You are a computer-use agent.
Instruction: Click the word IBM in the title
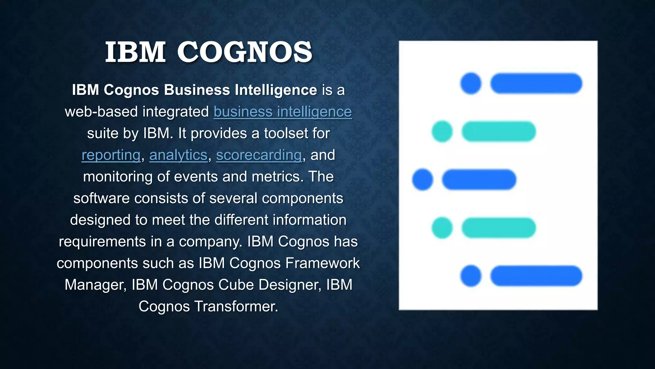(x=135, y=52)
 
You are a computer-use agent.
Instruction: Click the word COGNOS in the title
(x=245, y=52)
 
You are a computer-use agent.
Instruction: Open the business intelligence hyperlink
(x=283, y=112)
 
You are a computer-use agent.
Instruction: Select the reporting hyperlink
(x=111, y=155)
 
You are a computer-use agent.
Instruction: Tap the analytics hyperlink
(x=178, y=155)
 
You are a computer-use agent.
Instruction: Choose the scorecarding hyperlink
(x=259, y=155)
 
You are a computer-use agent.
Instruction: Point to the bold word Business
(x=197, y=90)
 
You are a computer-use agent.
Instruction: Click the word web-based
(x=101, y=112)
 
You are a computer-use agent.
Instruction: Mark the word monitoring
(x=118, y=177)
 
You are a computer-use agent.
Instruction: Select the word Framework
(x=322, y=263)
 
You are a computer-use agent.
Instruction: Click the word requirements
(x=102, y=242)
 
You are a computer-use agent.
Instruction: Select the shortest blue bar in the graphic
(x=479, y=180)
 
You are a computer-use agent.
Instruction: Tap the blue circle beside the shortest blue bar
(x=422, y=180)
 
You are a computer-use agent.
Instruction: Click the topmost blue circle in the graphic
(x=471, y=84)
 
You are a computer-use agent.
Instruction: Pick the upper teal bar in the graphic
(x=499, y=132)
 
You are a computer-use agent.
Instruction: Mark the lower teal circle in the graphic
(x=442, y=228)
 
